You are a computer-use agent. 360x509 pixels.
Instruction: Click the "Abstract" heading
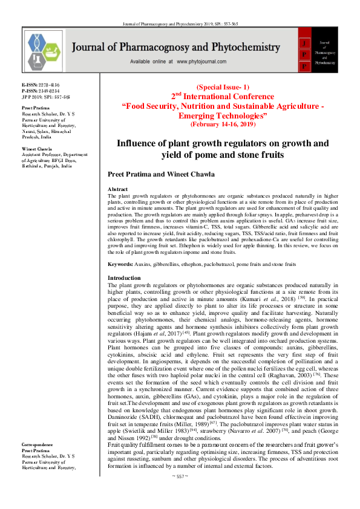(117, 190)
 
